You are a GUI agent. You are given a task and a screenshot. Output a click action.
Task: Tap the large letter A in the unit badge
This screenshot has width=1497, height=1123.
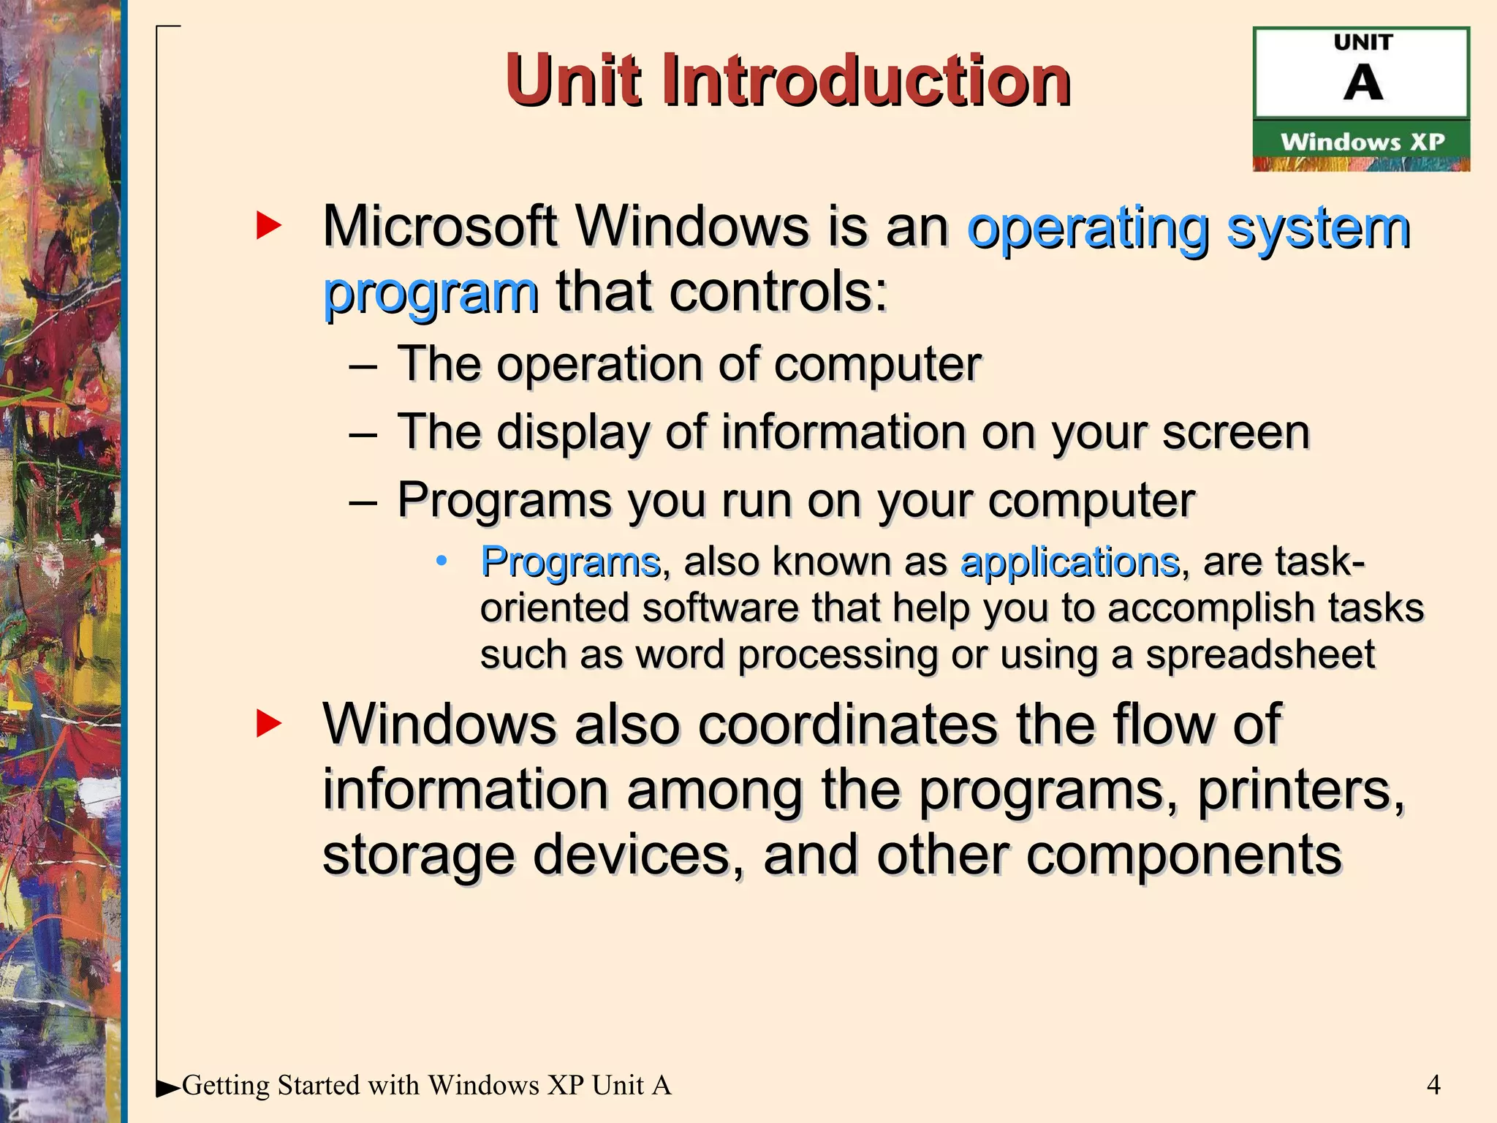(1363, 83)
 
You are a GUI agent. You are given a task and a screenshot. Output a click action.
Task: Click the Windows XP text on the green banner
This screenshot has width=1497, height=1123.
(1363, 142)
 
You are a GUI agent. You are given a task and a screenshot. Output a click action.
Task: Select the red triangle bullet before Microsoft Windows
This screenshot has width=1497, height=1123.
(268, 226)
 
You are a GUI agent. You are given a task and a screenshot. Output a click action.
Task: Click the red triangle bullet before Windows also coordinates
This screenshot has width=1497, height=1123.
(268, 724)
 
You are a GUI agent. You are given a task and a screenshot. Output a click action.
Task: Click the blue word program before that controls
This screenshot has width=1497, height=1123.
(431, 292)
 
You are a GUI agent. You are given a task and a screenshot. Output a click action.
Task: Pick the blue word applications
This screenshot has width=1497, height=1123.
(1069, 561)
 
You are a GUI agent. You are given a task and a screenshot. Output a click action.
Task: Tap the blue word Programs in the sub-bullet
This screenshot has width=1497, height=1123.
(571, 561)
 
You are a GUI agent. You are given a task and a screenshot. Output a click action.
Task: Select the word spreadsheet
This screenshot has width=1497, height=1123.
(1259, 654)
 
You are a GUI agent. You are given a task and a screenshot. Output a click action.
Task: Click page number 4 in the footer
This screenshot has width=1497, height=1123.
(1433, 1085)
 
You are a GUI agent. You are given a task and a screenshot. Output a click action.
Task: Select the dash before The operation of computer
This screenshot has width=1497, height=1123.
(363, 365)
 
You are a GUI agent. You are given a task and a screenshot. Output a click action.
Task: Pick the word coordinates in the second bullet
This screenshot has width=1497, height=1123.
(846, 724)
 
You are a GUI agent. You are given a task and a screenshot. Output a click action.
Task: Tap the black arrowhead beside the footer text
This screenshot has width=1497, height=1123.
(168, 1088)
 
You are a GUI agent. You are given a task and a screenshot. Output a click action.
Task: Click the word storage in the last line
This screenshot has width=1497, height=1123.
(418, 855)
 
